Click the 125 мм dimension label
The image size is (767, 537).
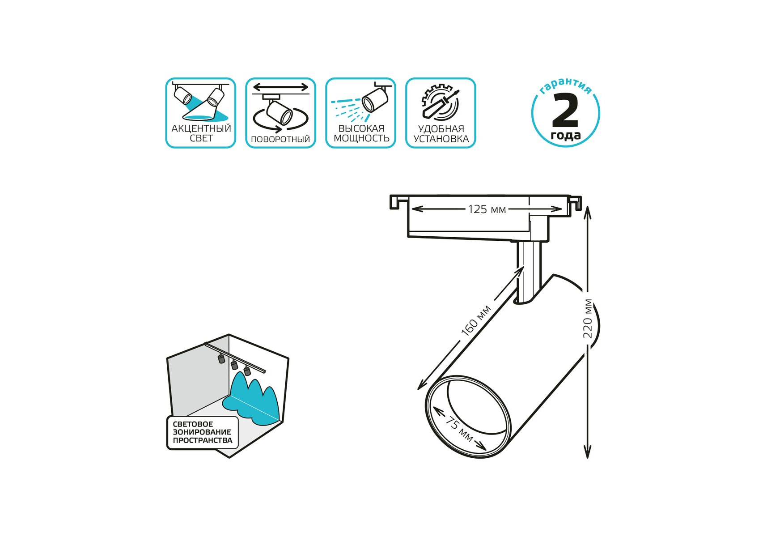487,209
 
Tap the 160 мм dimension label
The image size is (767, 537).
476,320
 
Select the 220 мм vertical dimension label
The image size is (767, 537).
588,319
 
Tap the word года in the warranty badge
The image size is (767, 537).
566,135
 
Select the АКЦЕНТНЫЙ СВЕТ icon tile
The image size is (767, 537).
201,113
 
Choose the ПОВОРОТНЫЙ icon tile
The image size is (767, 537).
280,113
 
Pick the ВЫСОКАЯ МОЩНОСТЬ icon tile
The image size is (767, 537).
360,113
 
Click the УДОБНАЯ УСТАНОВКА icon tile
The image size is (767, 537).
441,113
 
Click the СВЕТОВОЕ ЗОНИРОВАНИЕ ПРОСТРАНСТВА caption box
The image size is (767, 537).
203,432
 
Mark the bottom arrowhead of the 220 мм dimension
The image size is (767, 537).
588,453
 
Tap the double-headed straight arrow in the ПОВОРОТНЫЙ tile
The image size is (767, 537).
281,87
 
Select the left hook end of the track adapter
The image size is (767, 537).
395,202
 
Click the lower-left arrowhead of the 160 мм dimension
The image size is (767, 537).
421,385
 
